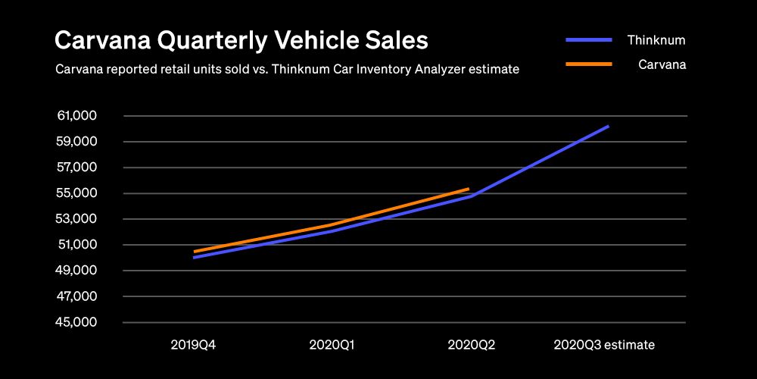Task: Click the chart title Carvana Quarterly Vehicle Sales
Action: point(241,40)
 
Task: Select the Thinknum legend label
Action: point(657,39)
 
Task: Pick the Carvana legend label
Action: point(662,65)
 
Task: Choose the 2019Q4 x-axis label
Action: point(194,345)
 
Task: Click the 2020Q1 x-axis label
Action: point(332,345)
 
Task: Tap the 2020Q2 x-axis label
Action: point(471,345)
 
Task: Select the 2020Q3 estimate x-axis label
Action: point(604,345)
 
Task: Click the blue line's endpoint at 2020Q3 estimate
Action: point(609,126)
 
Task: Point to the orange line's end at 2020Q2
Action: point(469,189)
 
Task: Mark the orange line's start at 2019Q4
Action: point(194,252)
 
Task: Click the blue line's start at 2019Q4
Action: point(194,258)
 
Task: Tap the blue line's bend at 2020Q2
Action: point(471,196)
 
